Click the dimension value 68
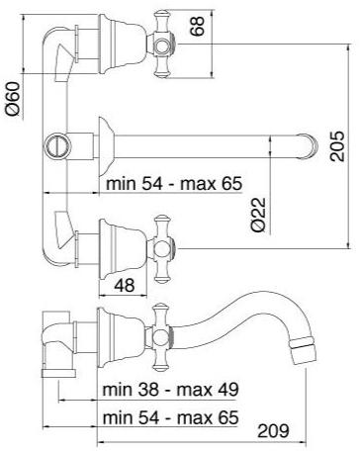[197, 26]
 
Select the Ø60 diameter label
[13, 99]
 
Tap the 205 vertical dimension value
[337, 146]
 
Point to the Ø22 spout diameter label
[258, 215]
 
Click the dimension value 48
[125, 285]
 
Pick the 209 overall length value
[273, 430]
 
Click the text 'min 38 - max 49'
[170, 390]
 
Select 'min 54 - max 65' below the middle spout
[174, 183]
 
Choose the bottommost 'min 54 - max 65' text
[170, 417]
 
